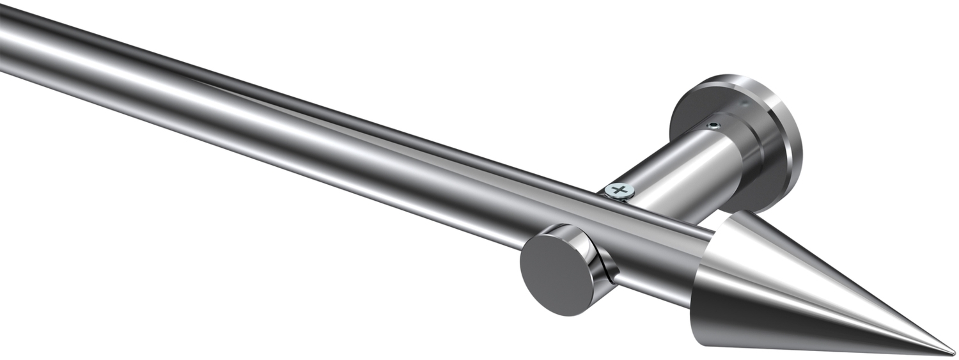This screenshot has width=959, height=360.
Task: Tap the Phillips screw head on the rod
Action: point(617,189)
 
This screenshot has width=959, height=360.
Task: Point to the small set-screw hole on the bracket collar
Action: point(715,125)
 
